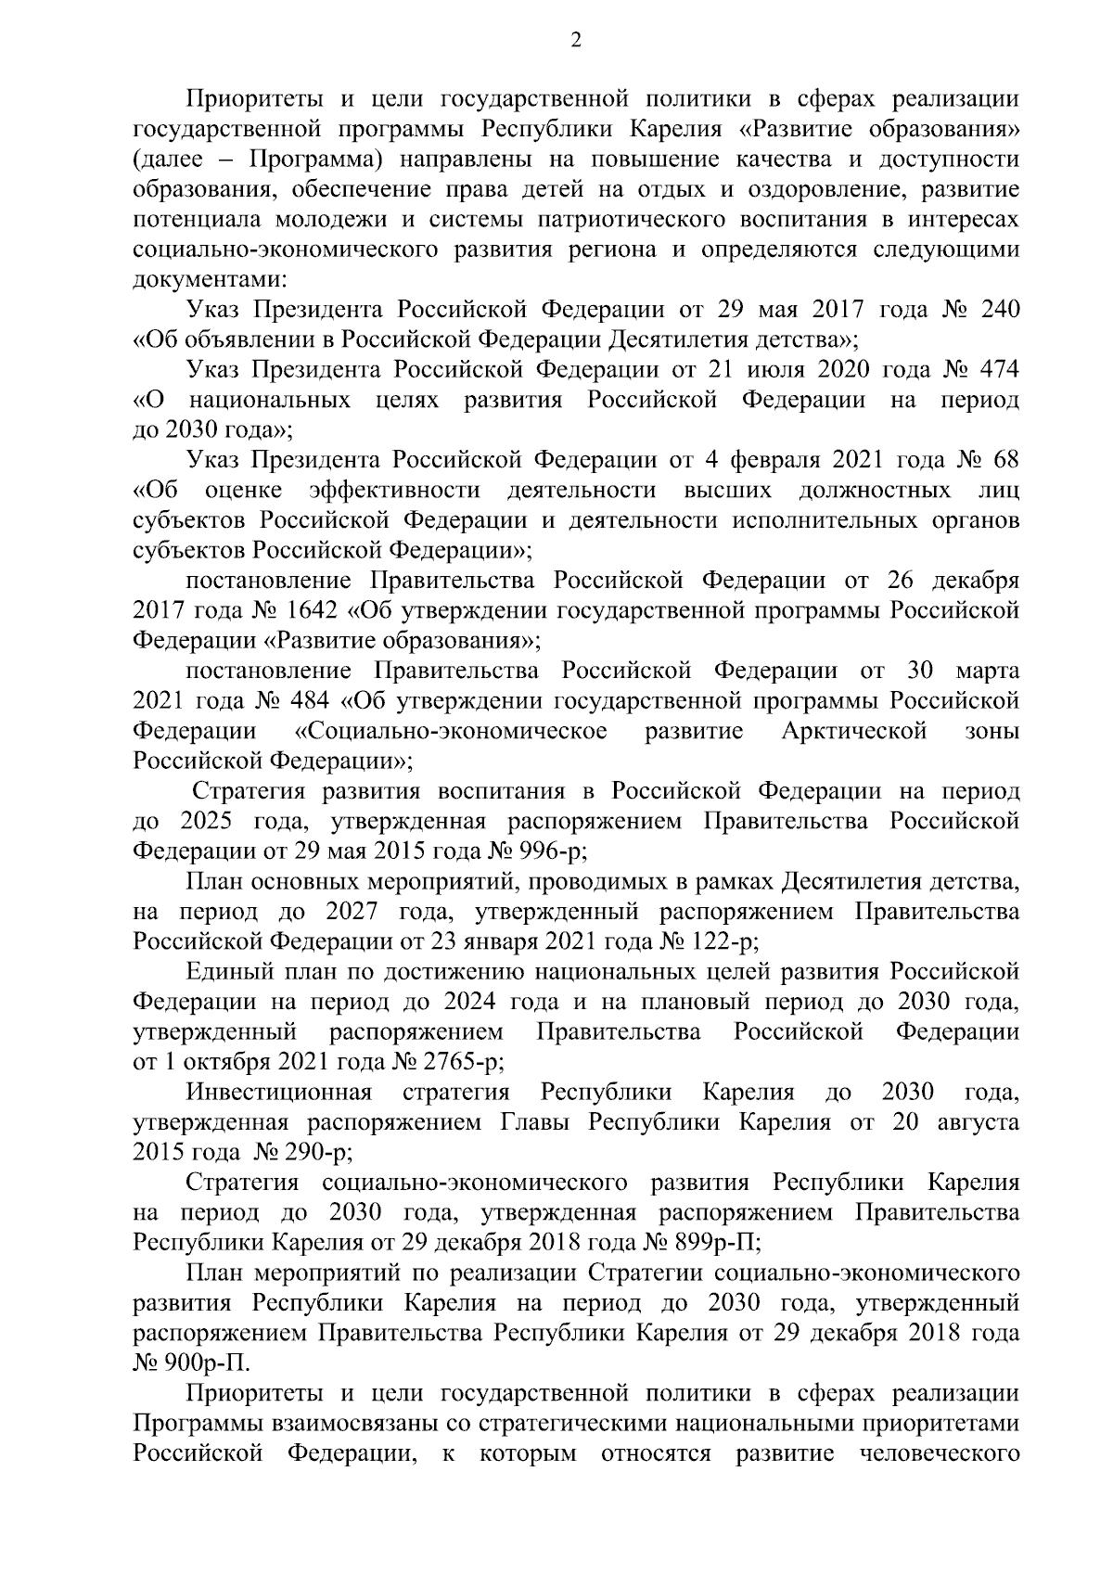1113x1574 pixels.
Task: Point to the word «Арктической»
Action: [853, 731]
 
